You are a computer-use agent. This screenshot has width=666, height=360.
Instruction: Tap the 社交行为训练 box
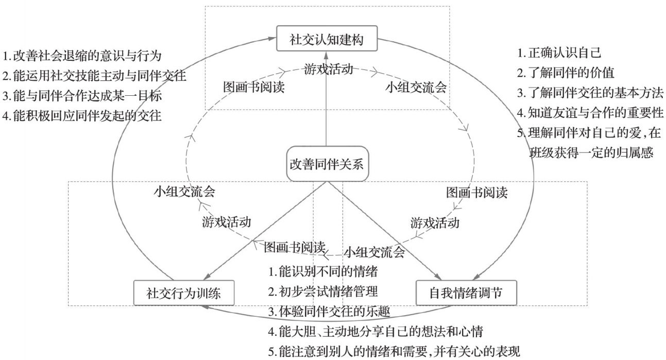(x=184, y=294)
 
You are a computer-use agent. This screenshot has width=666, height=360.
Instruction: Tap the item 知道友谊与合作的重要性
(x=590, y=112)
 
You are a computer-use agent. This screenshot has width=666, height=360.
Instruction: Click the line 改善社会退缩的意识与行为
(x=85, y=56)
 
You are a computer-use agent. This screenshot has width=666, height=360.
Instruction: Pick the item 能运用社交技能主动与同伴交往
(x=94, y=76)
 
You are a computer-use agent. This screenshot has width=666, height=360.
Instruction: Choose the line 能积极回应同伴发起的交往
(x=82, y=116)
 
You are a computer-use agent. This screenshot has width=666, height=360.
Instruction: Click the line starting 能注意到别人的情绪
(x=395, y=352)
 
